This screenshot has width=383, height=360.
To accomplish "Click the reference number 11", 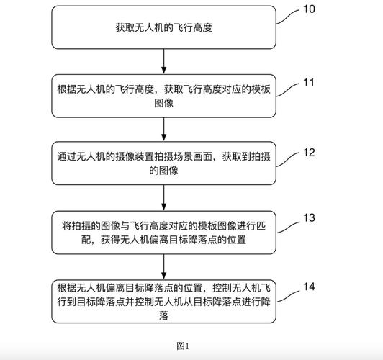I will click(309, 82).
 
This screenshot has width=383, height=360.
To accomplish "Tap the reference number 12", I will click(309, 152).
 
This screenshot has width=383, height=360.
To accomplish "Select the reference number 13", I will click(309, 217).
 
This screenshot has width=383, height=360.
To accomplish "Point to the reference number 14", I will click(309, 287).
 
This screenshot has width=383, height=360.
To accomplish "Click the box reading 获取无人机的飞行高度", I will click(165, 27).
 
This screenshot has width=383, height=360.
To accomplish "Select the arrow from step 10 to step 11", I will click(165, 62).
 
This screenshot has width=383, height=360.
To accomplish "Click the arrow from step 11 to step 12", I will click(165, 130).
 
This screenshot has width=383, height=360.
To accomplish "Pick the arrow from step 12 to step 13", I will click(165, 199).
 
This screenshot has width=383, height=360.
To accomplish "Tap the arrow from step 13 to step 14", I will click(165, 267).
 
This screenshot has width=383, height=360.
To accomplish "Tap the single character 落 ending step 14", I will click(165, 315).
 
